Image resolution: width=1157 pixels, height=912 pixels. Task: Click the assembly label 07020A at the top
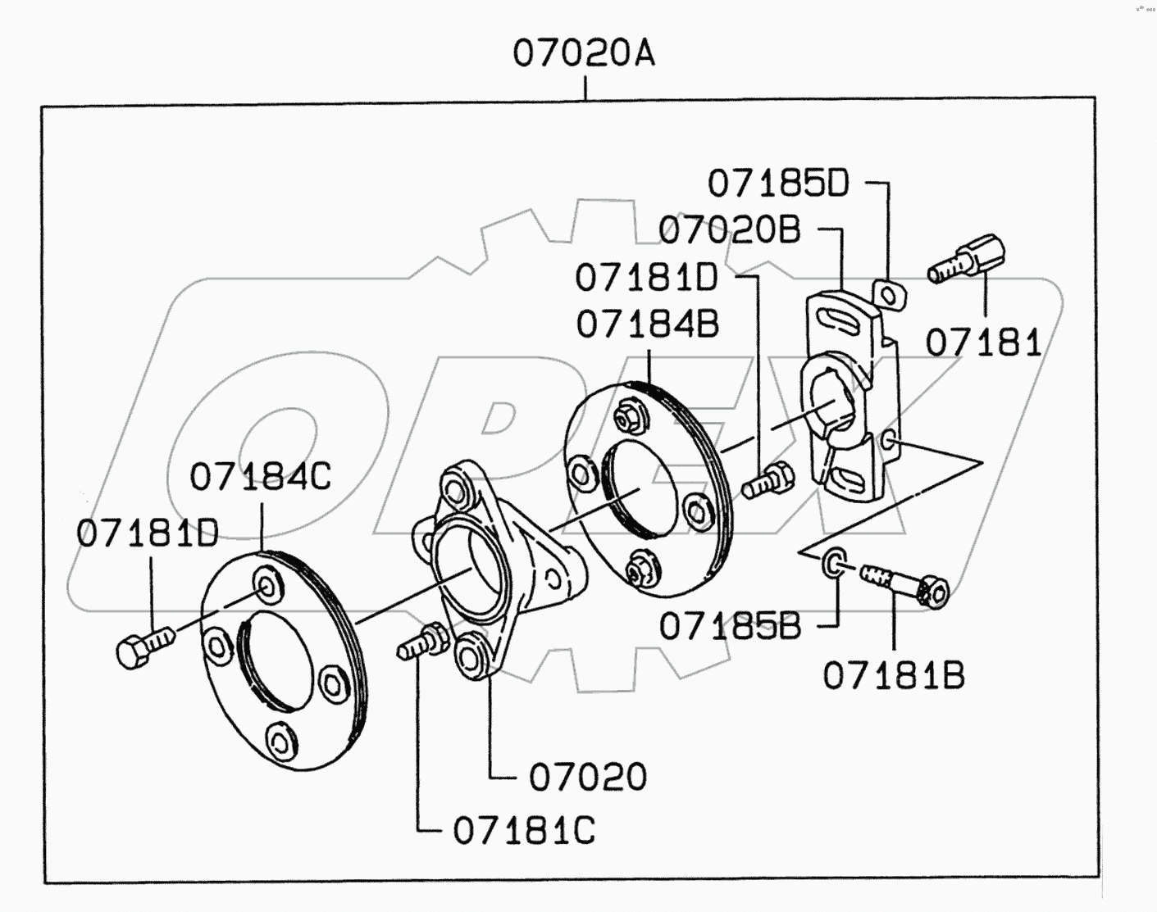[x=584, y=53]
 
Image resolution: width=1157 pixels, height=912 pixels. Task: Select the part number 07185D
[x=778, y=184]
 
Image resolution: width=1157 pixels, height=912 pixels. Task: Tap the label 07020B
[x=729, y=230]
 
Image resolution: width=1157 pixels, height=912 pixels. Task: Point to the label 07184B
[x=647, y=324]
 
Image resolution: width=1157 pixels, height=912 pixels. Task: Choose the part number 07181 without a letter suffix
[x=983, y=343]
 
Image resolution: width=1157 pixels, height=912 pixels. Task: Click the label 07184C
[x=261, y=476]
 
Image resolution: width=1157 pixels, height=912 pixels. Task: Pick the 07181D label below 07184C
[x=148, y=533]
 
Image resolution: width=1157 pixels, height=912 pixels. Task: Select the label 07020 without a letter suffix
[x=587, y=777]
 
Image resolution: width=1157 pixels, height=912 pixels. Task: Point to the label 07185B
[x=730, y=627]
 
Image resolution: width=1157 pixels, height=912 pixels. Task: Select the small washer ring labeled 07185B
[x=833, y=563]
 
